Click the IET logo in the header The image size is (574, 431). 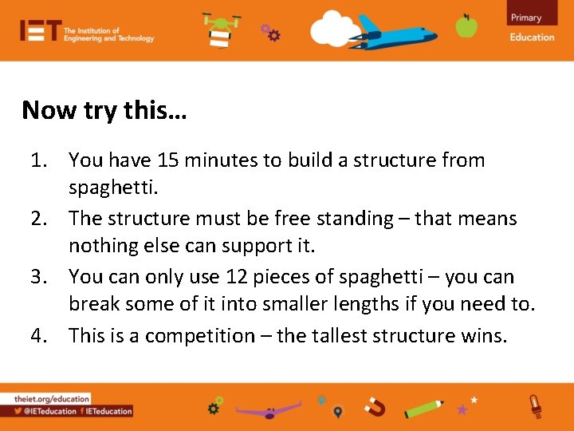[x=40, y=32]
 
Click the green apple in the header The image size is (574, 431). [x=466, y=26]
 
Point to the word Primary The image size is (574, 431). [x=526, y=18]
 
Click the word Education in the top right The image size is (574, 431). [x=532, y=37]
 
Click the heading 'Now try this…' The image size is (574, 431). [x=104, y=110]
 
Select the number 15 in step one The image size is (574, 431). [x=168, y=160]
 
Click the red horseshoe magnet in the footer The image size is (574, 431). [x=375, y=408]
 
